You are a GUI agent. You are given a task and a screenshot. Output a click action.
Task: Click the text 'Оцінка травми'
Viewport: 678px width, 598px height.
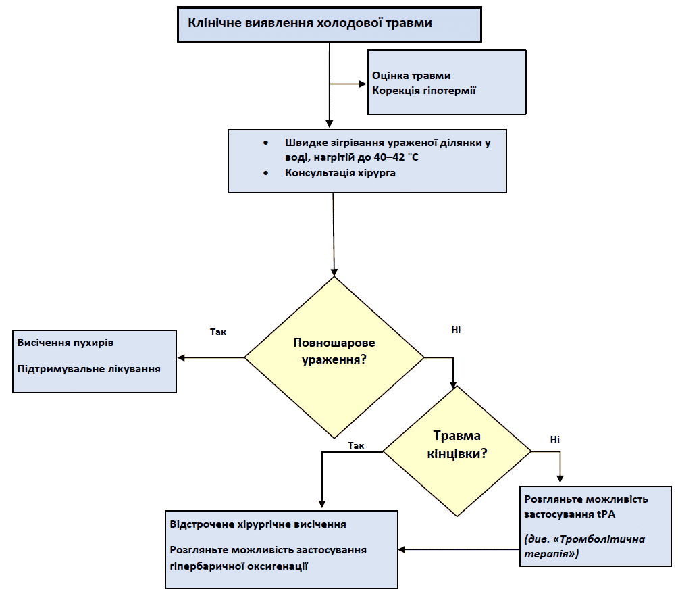[411, 76]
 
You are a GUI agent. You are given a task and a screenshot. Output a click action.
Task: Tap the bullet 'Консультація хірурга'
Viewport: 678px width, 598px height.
[340, 173]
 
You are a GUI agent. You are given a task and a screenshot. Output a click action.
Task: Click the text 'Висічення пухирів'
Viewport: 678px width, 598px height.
[66, 342]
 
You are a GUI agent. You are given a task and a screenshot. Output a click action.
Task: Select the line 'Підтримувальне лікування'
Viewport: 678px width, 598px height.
[89, 369]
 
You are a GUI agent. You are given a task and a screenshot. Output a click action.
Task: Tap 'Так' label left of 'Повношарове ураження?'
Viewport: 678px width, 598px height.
[219, 332]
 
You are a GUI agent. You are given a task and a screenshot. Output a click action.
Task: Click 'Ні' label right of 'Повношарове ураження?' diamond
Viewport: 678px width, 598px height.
[456, 330]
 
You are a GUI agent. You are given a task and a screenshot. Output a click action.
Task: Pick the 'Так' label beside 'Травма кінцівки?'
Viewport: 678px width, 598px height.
[356, 445]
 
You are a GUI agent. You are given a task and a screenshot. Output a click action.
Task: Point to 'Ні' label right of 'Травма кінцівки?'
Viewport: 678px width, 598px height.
[555, 439]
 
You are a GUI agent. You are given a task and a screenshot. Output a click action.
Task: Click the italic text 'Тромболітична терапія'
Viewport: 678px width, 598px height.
[585, 546]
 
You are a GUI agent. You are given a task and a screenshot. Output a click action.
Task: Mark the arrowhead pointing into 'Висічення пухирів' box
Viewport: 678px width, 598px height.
[181, 357]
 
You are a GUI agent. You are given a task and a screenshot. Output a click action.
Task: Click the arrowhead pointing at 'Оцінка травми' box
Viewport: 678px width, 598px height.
[362, 84]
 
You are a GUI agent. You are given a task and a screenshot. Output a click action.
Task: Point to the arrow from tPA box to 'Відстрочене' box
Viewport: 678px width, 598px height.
[459, 549]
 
